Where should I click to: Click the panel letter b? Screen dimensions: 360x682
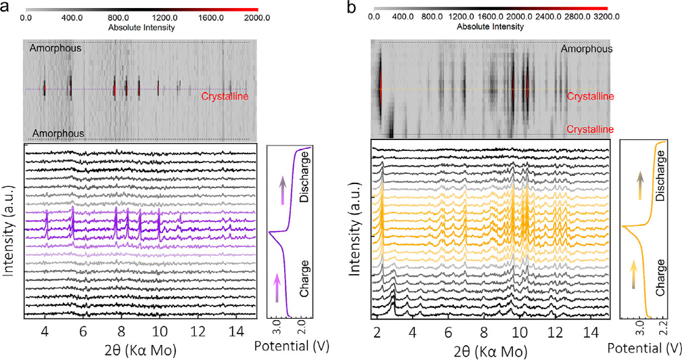[x=351, y=7]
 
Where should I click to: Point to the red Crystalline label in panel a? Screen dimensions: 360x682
[x=225, y=97]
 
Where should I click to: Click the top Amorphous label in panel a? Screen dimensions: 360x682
[x=55, y=48]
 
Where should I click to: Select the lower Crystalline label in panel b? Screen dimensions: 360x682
[x=590, y=129]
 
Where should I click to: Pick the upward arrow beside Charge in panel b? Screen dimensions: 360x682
[x=635, y=276]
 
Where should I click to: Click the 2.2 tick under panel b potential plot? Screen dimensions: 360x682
[x=665, y=330]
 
